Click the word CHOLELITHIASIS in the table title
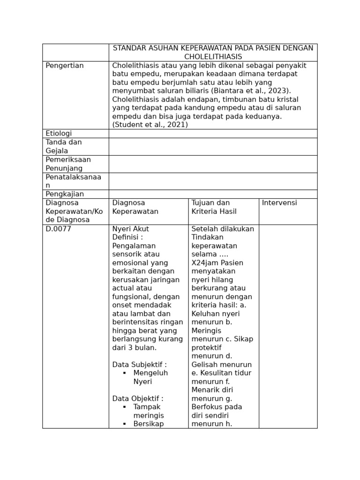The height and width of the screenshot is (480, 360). pos(213,57)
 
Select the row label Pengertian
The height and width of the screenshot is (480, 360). pos(65,66)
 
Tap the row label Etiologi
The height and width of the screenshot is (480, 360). pos(59,134)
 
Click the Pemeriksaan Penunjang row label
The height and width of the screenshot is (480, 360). pos(68,164)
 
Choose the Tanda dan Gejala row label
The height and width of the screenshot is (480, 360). pos(64,146)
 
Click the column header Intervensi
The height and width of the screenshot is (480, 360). pos(280,203)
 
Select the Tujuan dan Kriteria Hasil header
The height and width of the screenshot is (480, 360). pos(214,207)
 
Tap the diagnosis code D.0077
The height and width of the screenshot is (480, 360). pos(58,229)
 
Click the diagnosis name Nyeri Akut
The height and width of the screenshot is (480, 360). pos(130,229)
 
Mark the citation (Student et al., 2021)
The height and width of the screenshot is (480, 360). pos(150,125)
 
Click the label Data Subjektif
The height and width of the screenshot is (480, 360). pos(139,365)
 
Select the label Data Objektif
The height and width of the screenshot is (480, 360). pos(138,398)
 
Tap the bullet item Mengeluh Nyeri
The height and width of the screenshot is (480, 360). pos(150,377)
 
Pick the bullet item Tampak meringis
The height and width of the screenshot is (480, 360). pos(148,411)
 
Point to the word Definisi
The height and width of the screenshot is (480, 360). pos(126,238)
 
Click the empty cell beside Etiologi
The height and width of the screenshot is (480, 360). pos(213,134)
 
